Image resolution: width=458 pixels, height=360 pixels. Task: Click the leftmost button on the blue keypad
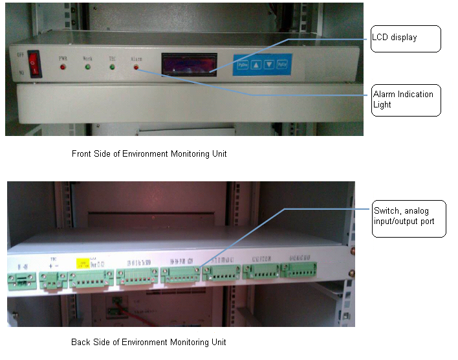click(x=243, y=65)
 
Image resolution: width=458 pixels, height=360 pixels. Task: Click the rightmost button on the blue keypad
click(x=281, y=65)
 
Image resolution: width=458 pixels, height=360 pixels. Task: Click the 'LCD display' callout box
click(x=405, y=38)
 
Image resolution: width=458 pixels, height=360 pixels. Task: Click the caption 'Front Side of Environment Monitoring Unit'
click(x=149, y=154)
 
